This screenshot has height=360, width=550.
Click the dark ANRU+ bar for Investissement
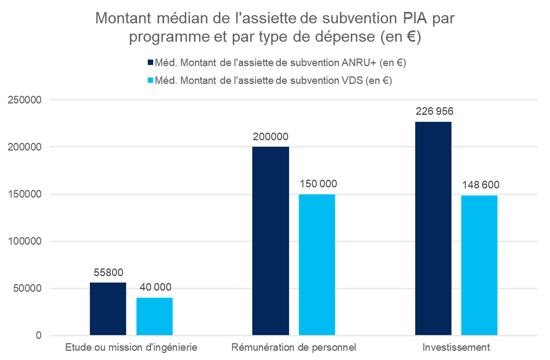click(x=433, y=228)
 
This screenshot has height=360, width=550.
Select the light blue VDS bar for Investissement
click(x=479, y=265)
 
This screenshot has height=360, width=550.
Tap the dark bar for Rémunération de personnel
click(x=270, y=241)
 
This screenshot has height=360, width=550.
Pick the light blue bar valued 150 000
click(x=317, y=264)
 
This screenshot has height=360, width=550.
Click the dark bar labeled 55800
click(x=108, y=309)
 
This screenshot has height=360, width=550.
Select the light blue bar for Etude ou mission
click(x=154, y=316)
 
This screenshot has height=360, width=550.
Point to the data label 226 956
click(x=434, y=111)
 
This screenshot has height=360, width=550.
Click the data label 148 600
click(x=480, y=185)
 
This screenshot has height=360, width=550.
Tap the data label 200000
click(x=270, y=137)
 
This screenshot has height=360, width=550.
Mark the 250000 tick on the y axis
click(x=24, y=100)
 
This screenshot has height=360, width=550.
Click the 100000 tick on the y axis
click(x=24, y=241)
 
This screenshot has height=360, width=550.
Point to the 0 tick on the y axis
click(x=39, y=335)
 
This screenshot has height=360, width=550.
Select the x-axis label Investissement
click(x=456, y=348)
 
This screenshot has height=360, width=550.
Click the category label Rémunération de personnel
click(x=293, y=348)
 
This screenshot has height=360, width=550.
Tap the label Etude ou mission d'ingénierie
click(x=131, y=348)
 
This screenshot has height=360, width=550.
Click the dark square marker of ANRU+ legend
click(x=150, y=63)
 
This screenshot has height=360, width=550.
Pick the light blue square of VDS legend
click(x=150, y=80)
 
